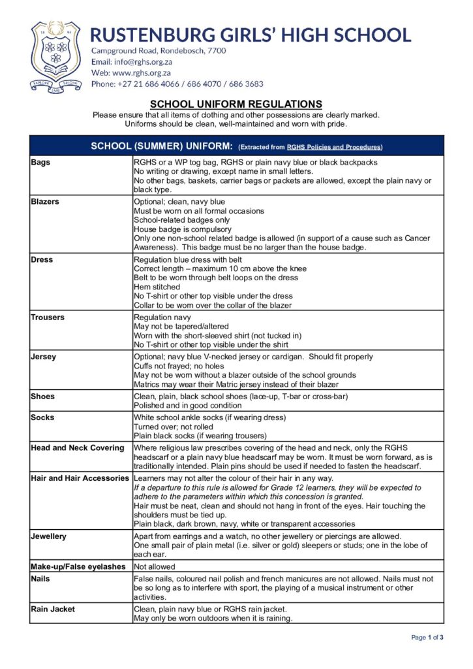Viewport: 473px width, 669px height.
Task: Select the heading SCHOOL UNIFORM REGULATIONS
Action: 236,104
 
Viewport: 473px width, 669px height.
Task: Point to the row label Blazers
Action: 45,202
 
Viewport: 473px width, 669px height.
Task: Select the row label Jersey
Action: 44,357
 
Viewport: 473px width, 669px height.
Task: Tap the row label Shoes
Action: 43,397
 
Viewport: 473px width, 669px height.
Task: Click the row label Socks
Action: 43,417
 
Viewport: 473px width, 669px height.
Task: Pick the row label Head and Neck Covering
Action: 77,448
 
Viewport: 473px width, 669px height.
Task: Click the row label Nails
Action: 40,579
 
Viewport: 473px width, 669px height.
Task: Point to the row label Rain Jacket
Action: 53,609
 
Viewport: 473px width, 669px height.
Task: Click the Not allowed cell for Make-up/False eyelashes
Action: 155,566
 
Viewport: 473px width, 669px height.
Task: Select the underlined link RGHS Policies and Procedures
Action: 334,147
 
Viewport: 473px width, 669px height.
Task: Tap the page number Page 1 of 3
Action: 427,638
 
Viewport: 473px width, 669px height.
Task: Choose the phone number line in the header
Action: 177,84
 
